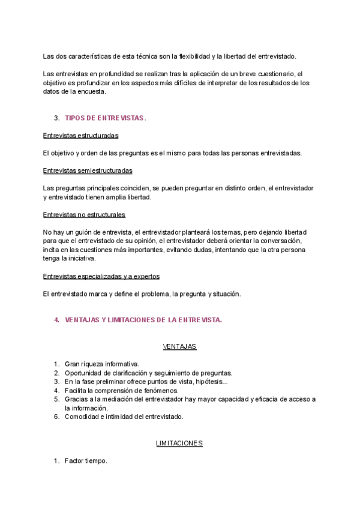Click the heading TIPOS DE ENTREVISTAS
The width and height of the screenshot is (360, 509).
pos(105,118)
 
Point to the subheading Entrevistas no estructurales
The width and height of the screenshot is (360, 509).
pos(84,214)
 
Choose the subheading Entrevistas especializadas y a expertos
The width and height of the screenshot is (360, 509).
pos(101,276)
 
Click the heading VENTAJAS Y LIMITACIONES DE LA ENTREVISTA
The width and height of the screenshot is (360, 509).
pos(143,320)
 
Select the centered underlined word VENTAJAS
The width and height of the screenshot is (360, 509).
pos(179,347)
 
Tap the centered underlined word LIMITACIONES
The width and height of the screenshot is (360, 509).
pos(179,444)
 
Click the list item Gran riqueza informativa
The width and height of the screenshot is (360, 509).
pos(102,364)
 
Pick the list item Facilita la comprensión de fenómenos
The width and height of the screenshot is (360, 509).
pos(119,390)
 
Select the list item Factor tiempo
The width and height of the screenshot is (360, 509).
pos(86,461)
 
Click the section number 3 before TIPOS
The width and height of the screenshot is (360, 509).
pos(56,118)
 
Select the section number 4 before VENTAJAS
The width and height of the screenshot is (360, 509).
pos(56,320)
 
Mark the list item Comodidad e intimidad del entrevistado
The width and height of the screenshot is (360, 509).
pos(124,416)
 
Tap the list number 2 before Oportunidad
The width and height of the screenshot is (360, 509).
pos(56,373)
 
